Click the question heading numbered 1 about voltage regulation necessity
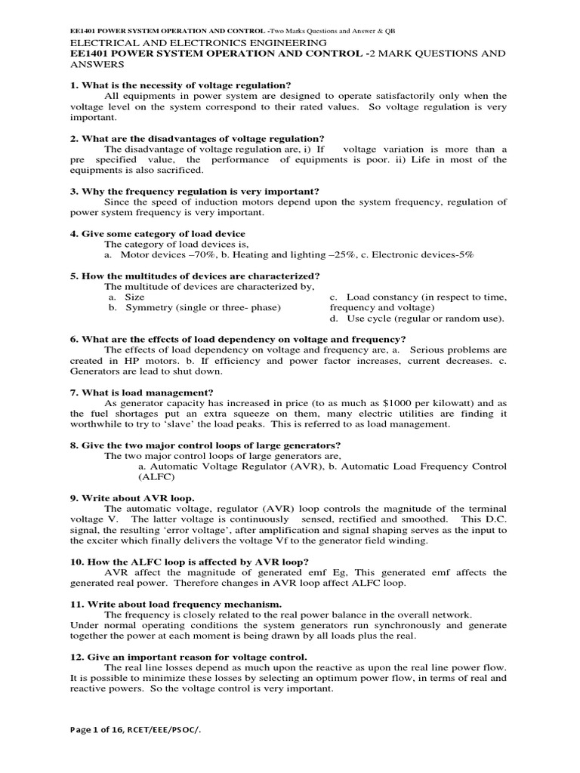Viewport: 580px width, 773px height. point(180,84)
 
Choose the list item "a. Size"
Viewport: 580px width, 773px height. point(126,297)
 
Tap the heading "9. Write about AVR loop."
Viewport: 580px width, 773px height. point(132,498)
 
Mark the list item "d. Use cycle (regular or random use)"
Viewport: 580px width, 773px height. point(418,319)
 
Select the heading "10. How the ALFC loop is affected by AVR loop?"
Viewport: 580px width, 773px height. point(190,562)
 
